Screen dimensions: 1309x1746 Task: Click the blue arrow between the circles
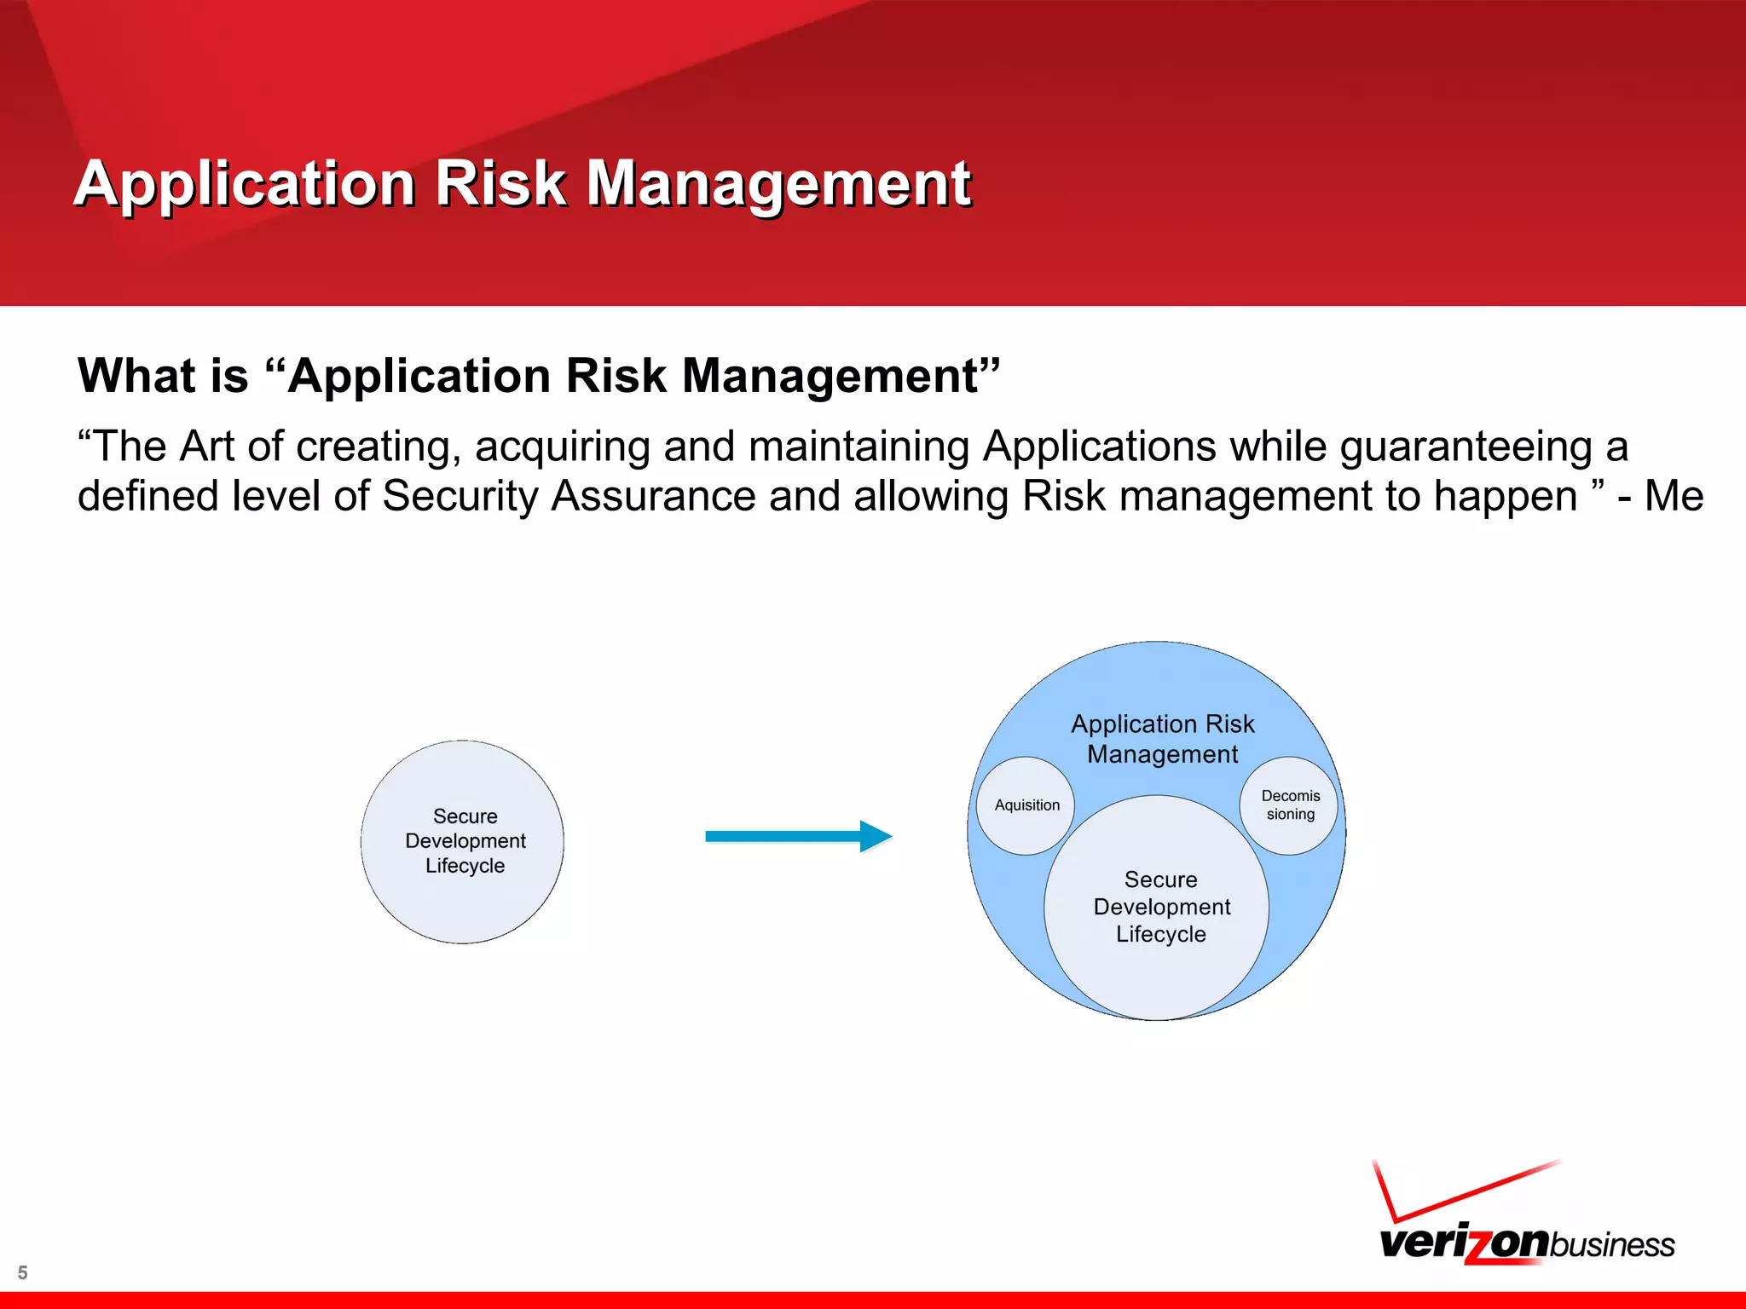pos(797,836)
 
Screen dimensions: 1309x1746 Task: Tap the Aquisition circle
pos(1026,805)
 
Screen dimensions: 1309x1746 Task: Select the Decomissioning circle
pos(1290,804)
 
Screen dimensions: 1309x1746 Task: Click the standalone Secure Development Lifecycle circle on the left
pos(463,841)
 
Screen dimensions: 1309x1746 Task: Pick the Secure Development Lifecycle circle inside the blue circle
pos(1159,907)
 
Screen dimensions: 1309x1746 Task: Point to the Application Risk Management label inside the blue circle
pos(1162,739)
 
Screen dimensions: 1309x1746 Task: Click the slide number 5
pos(23,1272)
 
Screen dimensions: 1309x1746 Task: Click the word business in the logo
pos(1611,1245)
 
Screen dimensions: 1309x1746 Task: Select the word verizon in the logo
pos(1463,1243)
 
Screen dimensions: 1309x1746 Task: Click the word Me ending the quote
pos(1674,496)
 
